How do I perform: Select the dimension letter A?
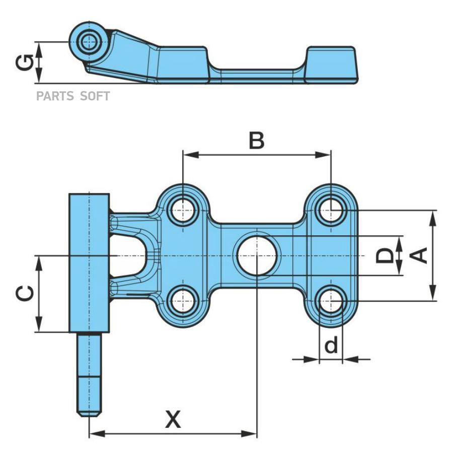(420, 255)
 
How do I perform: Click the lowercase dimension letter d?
(331, 346)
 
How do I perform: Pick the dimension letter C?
(25, 294)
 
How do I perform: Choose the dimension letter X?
(173, 419)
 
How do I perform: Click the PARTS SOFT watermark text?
(72, 96)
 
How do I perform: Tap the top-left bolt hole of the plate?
(183, 209)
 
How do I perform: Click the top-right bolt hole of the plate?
(331, 209)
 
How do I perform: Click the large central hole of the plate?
(257, 255)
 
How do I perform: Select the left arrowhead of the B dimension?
(188, 155)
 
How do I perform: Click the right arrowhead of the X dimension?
(252, 433)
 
